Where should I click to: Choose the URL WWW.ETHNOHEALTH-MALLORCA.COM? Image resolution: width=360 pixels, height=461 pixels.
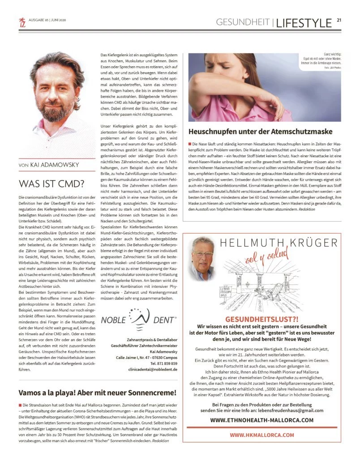pyautogui.click(x=261, y=420)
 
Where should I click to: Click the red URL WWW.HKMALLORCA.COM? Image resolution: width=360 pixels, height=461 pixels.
pyautogui.click(x=262, y=435)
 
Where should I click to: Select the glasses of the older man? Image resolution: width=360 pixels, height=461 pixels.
pyautogui.click(x=202, y=254)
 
